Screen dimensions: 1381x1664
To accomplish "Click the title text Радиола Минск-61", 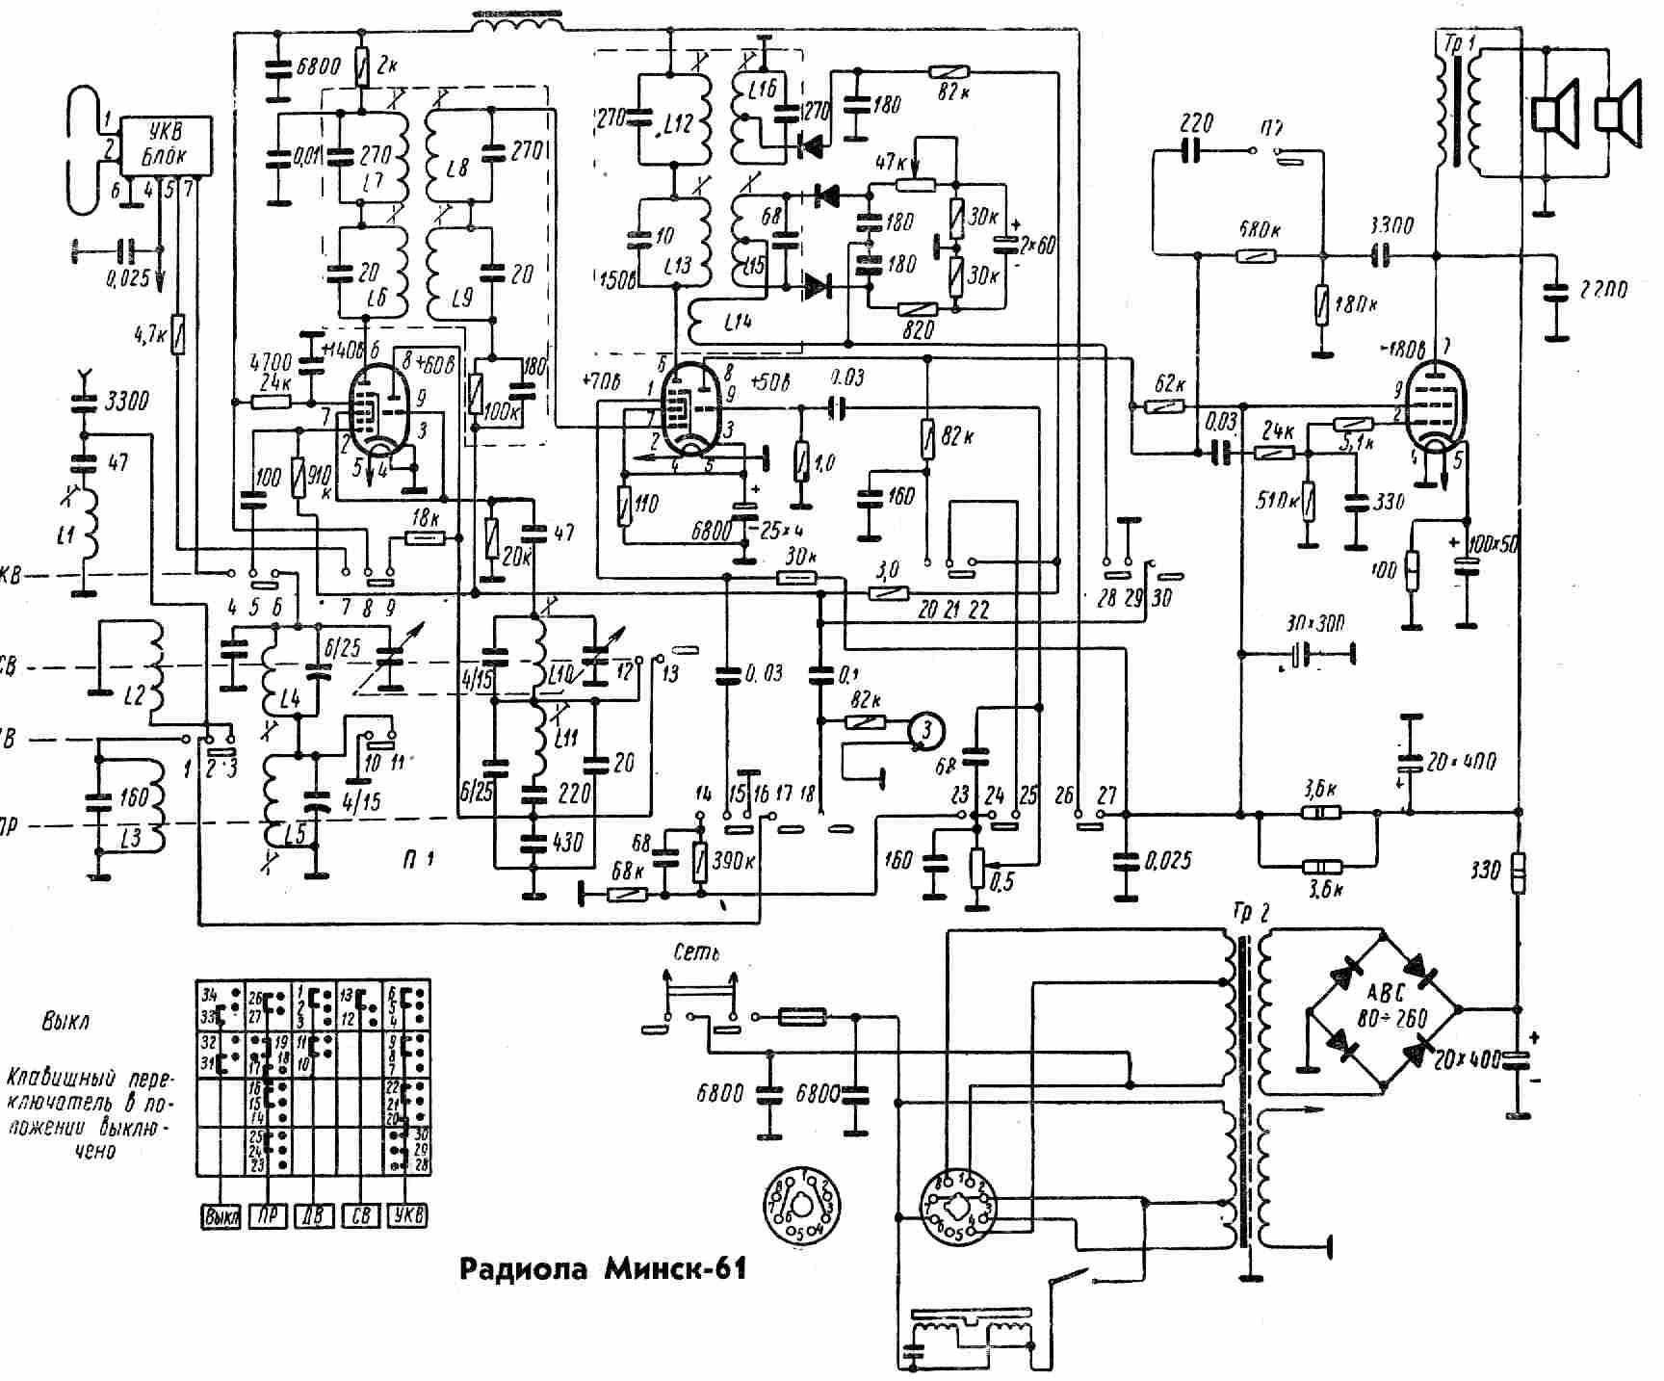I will (x=603, y=1269).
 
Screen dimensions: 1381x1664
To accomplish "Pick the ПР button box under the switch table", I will (x=268, y=1215).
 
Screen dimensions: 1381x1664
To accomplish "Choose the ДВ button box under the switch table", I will (x=314, y=1215).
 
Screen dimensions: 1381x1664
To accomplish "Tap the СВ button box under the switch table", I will (x=360, y=1215).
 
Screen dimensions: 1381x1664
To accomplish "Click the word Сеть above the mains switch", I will (x=696, y=952).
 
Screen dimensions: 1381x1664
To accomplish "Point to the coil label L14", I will (x=737, y=325).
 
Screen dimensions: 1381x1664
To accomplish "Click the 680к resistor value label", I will (x=1261, y=231).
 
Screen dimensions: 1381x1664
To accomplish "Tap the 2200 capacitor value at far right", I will (x=1599, y=289).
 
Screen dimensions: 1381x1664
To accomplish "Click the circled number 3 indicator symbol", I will (x=925, y=729).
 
